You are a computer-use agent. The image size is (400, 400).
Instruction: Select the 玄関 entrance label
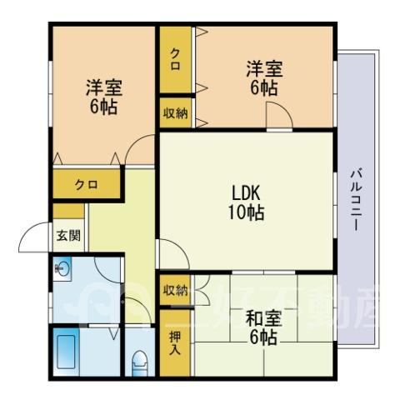(x=68, y=236)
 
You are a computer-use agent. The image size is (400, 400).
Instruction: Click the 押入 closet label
(x=175, y=343)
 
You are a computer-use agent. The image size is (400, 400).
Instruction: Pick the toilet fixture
(x=139, y=363)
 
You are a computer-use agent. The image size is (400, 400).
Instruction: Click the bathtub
(x=66, y=352)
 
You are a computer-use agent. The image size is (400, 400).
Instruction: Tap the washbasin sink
(x=62, y=268)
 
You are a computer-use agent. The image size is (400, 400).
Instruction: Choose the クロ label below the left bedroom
(x=87, y=184)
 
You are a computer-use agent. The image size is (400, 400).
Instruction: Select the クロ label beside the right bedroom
(x=175, y=59)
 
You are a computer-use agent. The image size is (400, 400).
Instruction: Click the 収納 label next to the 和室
(x=175, y=291)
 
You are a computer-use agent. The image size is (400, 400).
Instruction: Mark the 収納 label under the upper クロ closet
(x=175, y=113)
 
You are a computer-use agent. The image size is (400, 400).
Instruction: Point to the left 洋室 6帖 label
(x=103, y=97)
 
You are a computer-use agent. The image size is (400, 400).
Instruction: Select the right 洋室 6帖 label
(x=264, y=78)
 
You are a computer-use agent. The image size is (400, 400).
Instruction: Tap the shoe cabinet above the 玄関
(x=68, y=211)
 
